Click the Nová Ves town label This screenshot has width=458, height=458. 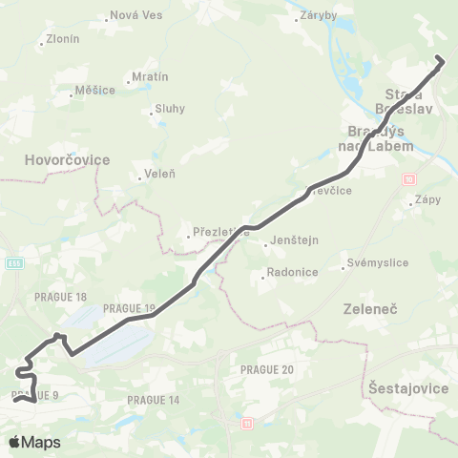[x=135, y=16]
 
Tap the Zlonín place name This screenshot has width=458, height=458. [x=62, y=40]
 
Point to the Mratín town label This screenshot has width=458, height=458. [x=150, y=76]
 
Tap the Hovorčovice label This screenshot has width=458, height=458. [x=70, y=159]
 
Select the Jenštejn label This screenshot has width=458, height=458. [x=291, y=241]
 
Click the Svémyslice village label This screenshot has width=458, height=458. [x=372, y=263]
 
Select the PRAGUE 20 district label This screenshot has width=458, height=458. [x=267, y=369]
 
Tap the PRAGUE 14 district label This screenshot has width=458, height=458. [x=154, y=399]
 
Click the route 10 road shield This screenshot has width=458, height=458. [x=409, y=178]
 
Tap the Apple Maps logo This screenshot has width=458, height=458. [x=35, y=442]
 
